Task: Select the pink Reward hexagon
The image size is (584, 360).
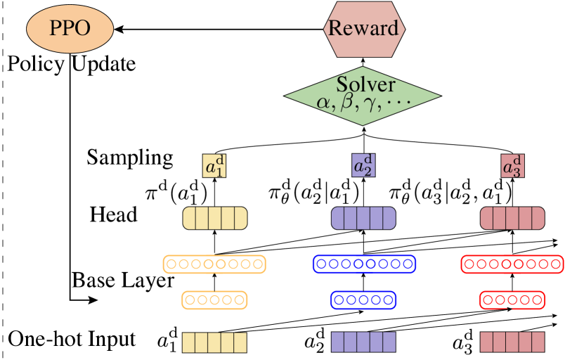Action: pyautogui.click(x=363, y=28)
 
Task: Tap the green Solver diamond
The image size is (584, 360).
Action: pyautogui.click(x=363, y=96)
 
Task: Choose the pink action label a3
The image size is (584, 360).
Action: pyautogui.click(x=512, y=166)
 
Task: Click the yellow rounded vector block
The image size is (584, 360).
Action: pyautogui.click(x=215, y=218)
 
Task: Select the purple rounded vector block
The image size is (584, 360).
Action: pyautogui.click(x=363, y=218)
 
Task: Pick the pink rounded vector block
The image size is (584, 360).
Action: pyautogui.click(x=512, y=218)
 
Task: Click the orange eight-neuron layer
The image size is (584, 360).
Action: pyautogui.click(x=214, y=264)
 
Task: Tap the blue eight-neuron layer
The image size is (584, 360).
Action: pyautogui.click(x=364, y=264)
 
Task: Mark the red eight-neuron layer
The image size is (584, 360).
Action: pyautogui.click(x=512, y=264)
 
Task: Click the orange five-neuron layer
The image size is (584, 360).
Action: pyautogui.click(x=215, y=300)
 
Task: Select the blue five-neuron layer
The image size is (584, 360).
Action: pyautogui.click(x=363, y=300)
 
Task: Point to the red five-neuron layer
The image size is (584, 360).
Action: pyautogui.click(x=512, y=300)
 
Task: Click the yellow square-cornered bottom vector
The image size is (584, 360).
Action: pyautogui.click(x=215, y=342)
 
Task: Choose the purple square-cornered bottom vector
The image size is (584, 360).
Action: pyautogui.click(x=363, y=342)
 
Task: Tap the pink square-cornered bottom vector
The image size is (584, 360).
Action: pyautogui.click(x=512, y=342)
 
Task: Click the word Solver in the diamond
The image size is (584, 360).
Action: pyautogui.click(x=365, y=84)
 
